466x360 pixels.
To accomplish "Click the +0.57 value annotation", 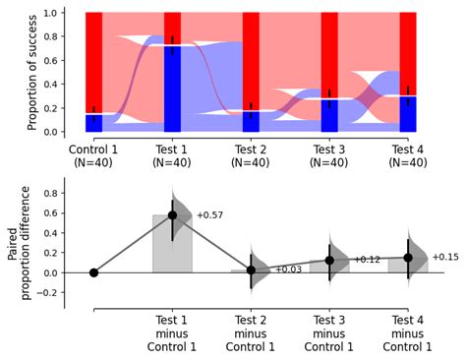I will coord(210,214).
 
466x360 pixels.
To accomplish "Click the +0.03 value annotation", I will coord(288,270).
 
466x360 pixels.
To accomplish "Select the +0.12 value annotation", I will coord(367,260).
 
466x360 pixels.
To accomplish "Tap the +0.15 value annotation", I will coord(444,257).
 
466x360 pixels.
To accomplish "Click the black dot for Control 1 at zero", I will coord(93,272).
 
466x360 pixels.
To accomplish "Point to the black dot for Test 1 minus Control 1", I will coord(172,214).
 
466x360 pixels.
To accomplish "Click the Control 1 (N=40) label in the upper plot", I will coord(93,155).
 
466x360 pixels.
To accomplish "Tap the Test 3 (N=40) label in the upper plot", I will coord(329,155).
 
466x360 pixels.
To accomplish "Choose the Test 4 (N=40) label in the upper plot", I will coord(408,155).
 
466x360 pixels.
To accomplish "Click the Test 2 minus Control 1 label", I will coord(251,332).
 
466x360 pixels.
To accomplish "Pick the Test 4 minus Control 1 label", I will coord(408,332).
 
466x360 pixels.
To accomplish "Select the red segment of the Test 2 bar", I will coord(251,59).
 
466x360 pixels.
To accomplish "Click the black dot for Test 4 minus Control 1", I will coord(408,258).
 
